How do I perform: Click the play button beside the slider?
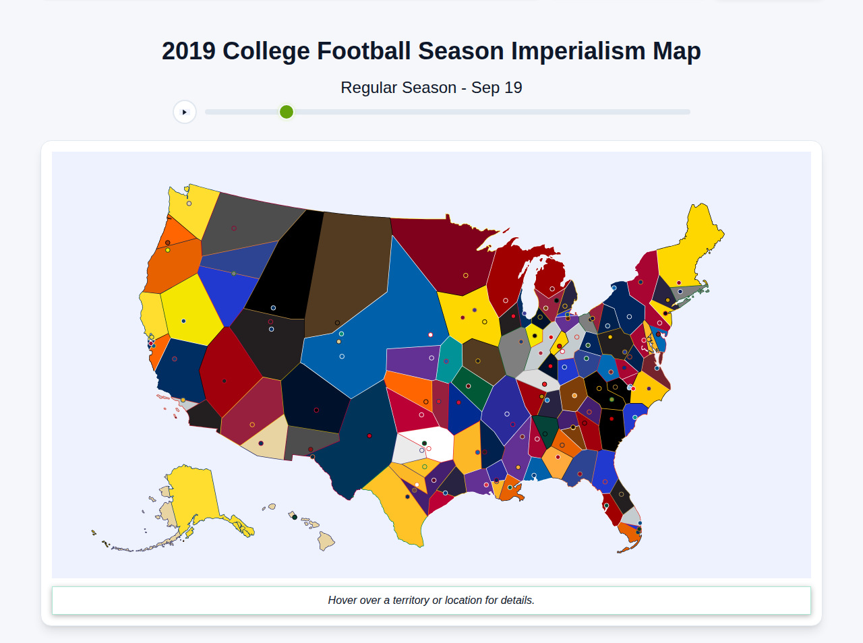[x=184, y=112]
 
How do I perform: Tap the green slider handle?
[x=287, y=112]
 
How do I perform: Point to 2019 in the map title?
[x=188, y=51]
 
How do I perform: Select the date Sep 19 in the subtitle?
[x=496, y=88]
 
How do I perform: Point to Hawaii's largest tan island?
[x=326, y=541]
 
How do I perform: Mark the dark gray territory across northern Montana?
[x=249, y=222]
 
